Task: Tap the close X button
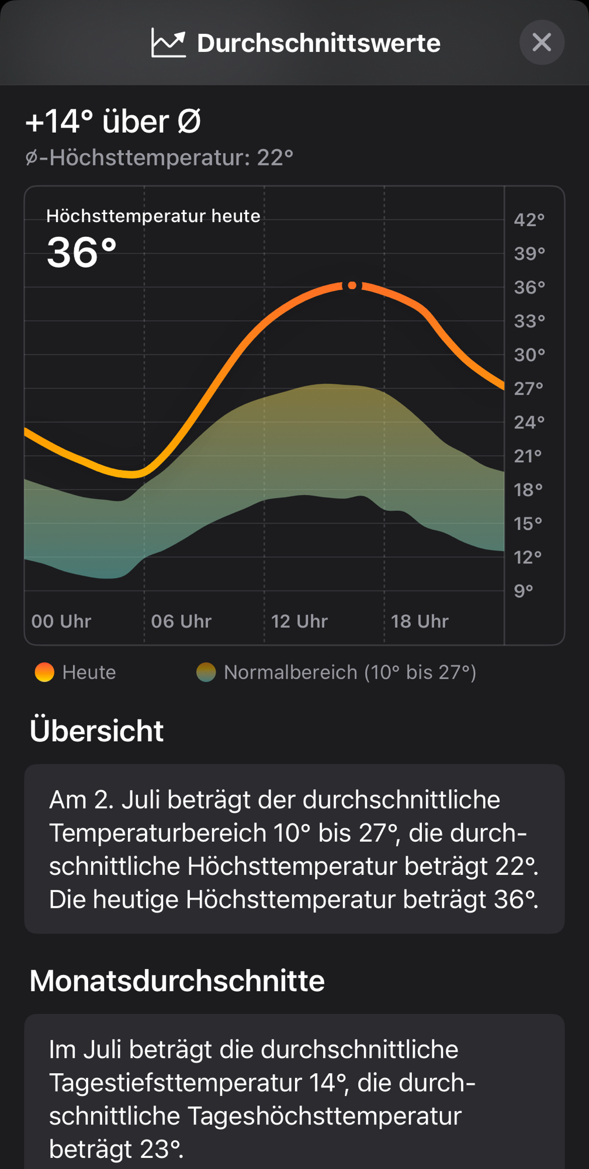[542, 42]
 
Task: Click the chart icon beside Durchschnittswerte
[168, 43]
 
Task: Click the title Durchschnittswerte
[318, 43]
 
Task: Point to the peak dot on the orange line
[352, 285]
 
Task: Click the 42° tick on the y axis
[529, 220]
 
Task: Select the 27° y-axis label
[529, 388]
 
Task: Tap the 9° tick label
[524, 591]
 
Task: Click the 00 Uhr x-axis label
[61, 621]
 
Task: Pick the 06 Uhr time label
[181, 621]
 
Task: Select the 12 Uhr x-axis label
[300, 621]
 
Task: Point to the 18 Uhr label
[420, 621]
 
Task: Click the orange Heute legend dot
[44, 672]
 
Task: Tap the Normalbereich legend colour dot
[206, 672]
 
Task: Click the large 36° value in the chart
[82, 253]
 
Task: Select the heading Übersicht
[96, 731]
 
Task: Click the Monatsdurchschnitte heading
[177, 981]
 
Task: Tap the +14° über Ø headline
[113, 122]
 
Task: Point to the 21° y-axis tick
[529, 456]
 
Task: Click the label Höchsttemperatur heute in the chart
[153, 216]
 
